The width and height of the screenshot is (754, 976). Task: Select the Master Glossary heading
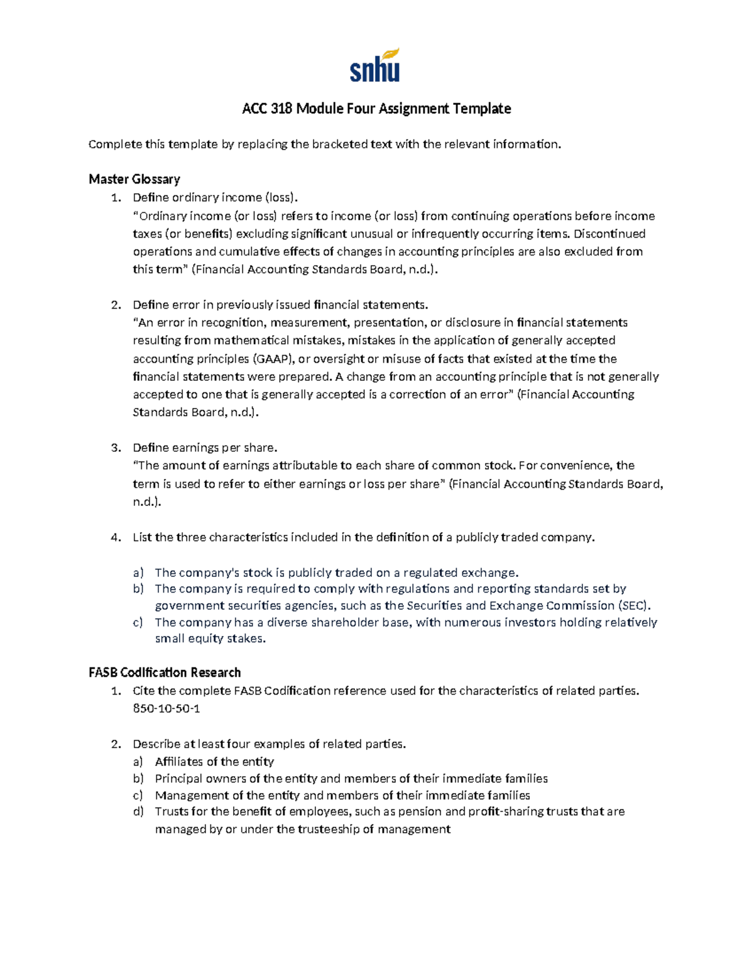[x=134, y=179]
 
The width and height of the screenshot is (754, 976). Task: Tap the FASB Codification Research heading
[x=165, y=672]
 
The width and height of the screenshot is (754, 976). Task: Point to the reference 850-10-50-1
[x=167, y=708]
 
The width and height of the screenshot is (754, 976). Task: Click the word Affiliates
[x=178, y=762]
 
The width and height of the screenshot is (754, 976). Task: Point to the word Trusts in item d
[x=171, y=811]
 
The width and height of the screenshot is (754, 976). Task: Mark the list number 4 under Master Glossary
[x=115, y=537]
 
